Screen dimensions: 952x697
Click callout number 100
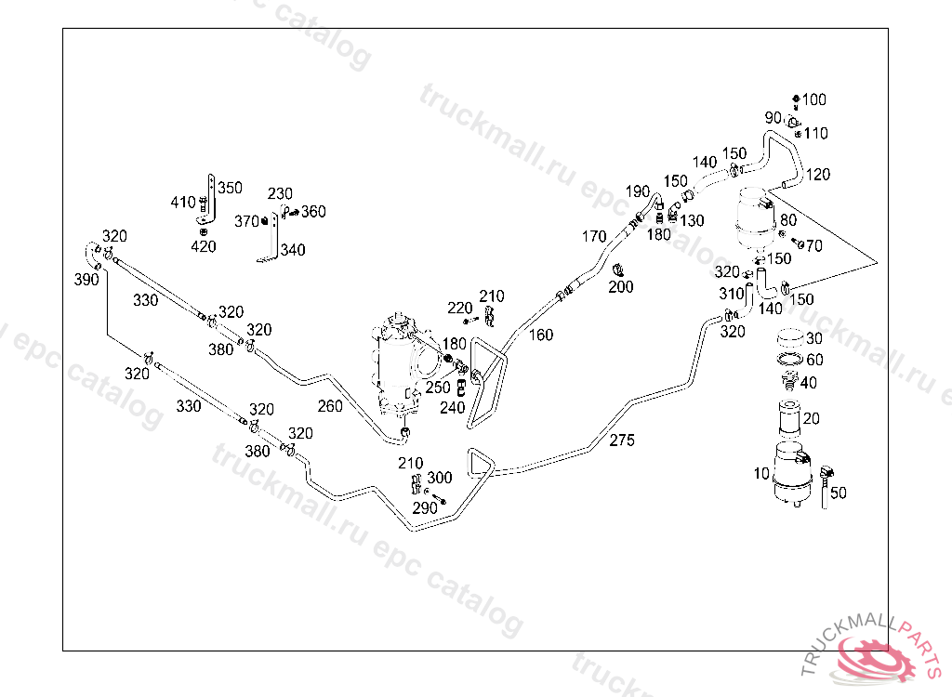[814, 99]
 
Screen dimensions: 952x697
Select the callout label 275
[622, 440]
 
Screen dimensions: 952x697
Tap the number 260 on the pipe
[330, 405]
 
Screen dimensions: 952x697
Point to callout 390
[86, 279]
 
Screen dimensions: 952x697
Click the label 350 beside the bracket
[230, 188]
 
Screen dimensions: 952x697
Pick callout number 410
[183, 202]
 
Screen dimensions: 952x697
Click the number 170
[594, 236]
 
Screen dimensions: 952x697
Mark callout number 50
[838, 493]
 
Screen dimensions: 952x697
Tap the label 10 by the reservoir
[761, 474]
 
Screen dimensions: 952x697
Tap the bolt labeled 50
[826, 483]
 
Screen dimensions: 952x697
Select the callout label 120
[818, 174]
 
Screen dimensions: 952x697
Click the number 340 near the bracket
[293, 249]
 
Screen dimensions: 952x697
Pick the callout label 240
[453, 407]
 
